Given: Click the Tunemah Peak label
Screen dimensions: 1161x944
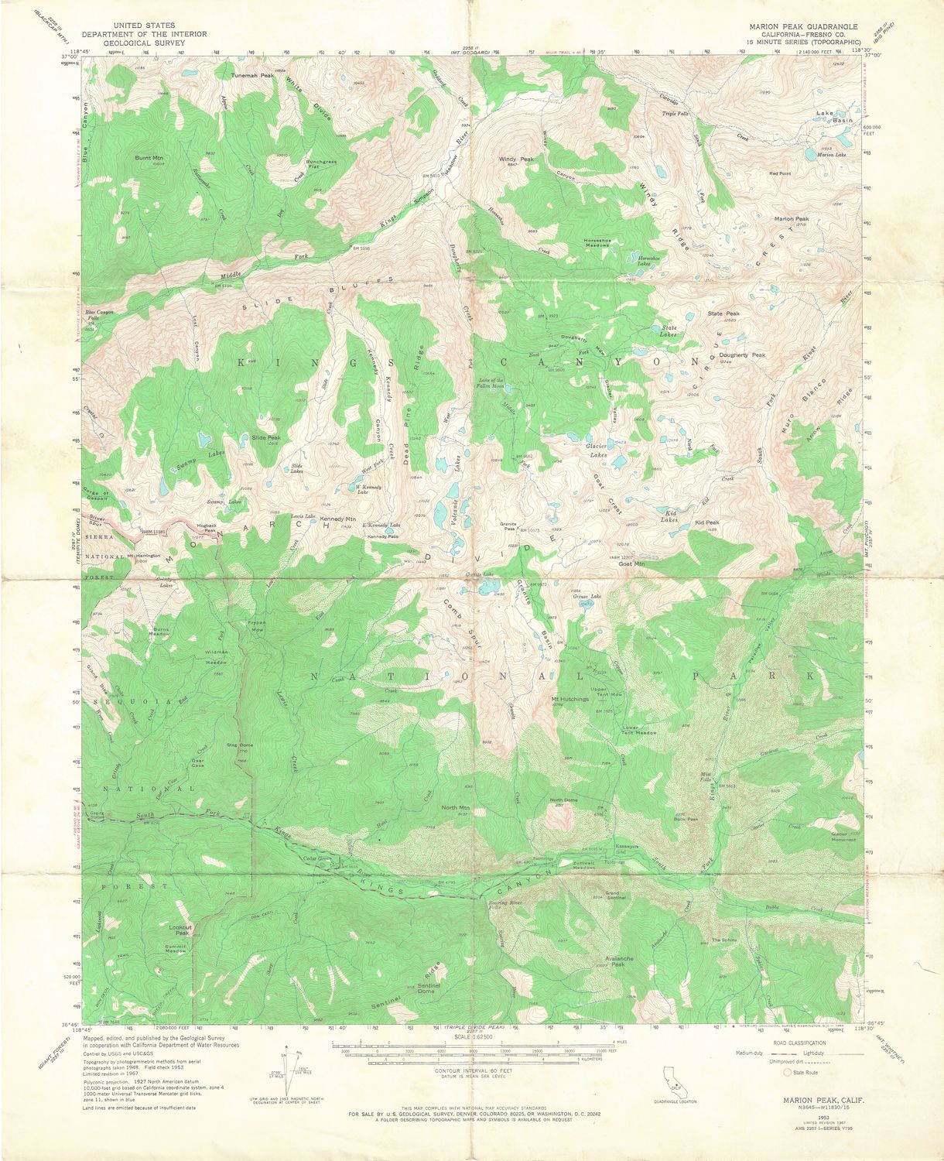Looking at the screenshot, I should click(x=252, y=76).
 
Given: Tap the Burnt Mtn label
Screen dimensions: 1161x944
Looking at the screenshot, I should click(x=149, y=158).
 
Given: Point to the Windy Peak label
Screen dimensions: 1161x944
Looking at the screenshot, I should click(x=516, y=159).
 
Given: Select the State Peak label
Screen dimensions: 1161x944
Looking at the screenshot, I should click(x=723, y=313).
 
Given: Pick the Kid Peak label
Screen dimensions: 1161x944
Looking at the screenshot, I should click(x=706, y=522).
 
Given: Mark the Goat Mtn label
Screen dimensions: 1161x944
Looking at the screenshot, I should click(x=631, y=563).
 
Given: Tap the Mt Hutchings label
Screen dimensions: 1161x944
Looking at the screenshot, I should click(x=570, y=699).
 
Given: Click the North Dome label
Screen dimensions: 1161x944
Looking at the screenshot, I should click(x=563, y=800).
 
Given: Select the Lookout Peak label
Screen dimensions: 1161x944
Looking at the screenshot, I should click(x=182, y=930).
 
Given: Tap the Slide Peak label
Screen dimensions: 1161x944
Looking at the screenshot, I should click(x=265, y=437).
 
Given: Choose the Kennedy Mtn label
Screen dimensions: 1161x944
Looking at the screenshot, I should click(x=338, y=519).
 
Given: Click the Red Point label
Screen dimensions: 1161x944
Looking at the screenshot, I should click(x=780, y=173).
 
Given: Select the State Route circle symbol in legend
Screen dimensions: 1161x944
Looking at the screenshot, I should click(x=787, y=1073).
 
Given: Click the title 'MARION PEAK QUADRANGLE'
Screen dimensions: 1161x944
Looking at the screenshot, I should click(x=803, y=26).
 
